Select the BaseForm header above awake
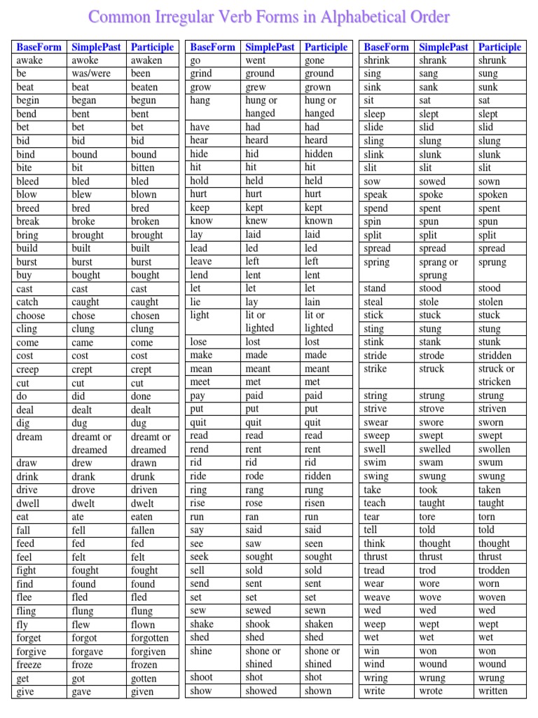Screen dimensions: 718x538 (39, 47)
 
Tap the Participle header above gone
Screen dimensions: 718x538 (326, 47)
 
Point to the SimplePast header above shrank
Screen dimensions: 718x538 (443, 47)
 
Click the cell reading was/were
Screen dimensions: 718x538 (91, 74)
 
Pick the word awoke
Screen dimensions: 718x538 (85, 60)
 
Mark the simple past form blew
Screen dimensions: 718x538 (81, 194)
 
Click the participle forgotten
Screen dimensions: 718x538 (149, 638)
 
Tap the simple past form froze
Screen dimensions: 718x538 (83, 665)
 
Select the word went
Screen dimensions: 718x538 (256, 60)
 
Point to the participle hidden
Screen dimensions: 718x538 (319, 154)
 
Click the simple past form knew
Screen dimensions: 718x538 (256, 221)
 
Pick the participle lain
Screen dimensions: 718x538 (314, 302)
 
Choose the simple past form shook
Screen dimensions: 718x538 (258, 624)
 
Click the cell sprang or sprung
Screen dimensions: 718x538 (438, 269)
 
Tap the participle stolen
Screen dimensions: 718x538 (490, 302)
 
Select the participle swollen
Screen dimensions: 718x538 (494, 449)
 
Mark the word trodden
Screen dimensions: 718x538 (494, 570)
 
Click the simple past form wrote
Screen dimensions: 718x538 (431, 691)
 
